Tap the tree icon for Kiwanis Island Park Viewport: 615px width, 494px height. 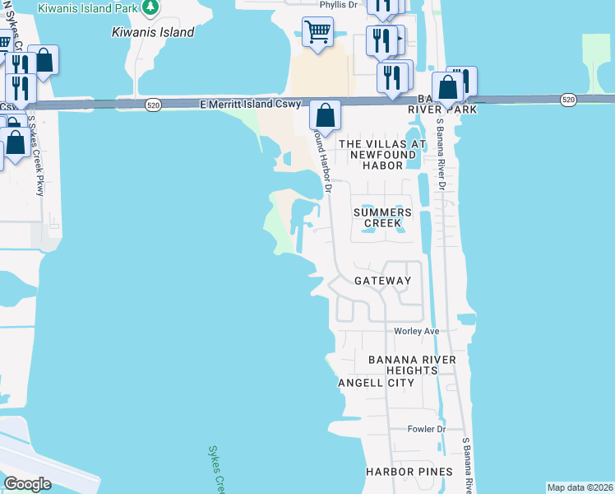point(150,7)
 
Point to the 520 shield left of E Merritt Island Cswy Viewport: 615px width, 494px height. point(153,105)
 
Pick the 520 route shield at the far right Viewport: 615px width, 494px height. point(568,99)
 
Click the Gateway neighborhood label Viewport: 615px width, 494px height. point(382,281)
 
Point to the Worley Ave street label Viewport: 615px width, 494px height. point(417,331)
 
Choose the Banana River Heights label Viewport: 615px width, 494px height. point(402,366)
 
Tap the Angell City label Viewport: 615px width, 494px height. point(367,383)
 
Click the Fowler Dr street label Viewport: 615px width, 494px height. point(427,429)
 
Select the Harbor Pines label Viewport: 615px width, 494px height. point(409,471)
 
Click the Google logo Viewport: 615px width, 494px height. point(27,483)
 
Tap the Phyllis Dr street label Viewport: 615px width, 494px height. point(340,4)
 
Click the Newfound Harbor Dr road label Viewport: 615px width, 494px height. point(324,165)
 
